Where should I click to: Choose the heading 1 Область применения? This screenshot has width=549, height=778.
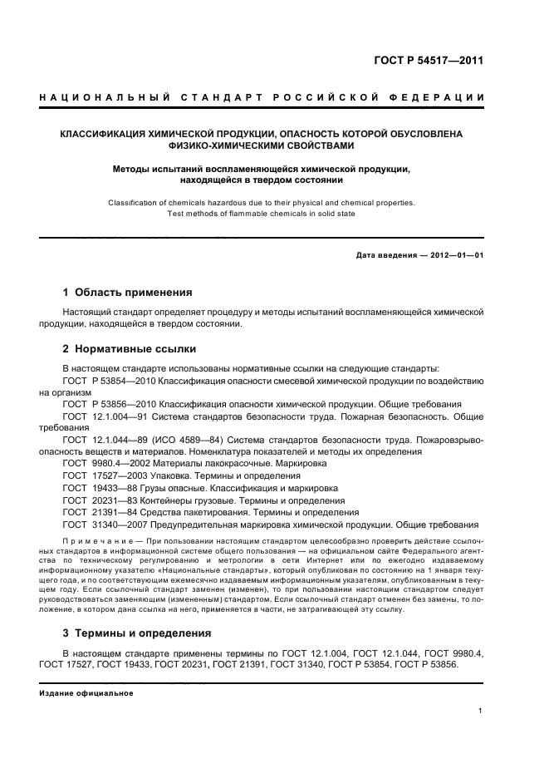click(x=127, y=293)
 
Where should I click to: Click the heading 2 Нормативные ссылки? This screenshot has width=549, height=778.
click(x=129, y=349)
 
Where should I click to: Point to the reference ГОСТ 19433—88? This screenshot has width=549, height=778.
click(x=97, y=488)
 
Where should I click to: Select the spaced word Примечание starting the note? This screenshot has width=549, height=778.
click(x=91, y=540)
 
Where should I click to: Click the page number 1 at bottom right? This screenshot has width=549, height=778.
click(x=481, y=711)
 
